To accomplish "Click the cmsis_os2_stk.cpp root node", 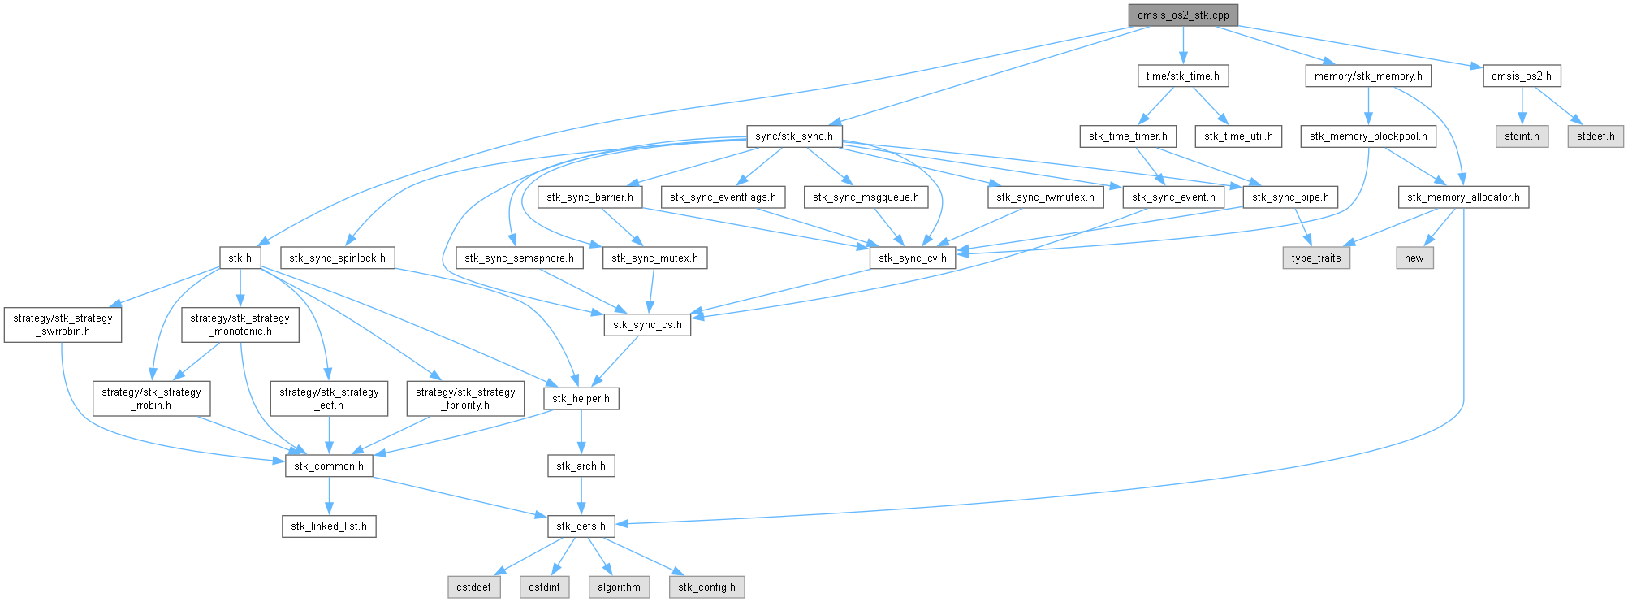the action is click(1183, 15).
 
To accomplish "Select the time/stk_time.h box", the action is click(1182, 76).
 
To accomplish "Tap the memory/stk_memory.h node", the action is click(1368, 76).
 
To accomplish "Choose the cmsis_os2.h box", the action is click(1522, 76).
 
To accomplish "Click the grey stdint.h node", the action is click(1522, 136).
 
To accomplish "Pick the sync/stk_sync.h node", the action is click(794, 136).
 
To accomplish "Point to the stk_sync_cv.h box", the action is click(913, 258).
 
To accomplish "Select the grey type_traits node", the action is click(1316, 258).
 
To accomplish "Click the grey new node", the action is click(1414, 258).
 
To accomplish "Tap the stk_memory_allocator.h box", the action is click(1463, 197).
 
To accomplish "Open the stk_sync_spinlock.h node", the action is click(337, 258).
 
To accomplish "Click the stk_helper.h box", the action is click(581, 399).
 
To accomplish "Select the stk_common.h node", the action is click(329, 466).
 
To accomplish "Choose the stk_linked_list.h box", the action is click(329, 526).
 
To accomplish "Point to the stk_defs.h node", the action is click(581, 526).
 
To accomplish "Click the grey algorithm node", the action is click(619, 587).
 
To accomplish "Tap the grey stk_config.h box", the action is click(706, 587).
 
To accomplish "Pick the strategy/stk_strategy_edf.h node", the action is click(329, 399).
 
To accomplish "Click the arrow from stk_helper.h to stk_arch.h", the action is click(581, 432).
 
